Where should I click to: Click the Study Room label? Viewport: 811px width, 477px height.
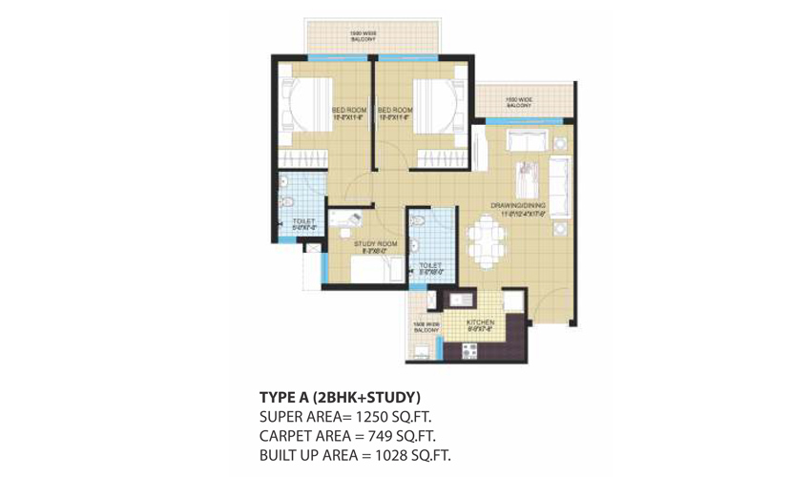pos(375,245)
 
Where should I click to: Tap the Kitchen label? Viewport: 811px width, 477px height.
pos(479,323)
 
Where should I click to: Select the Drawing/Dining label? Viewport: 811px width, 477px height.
pos(518,205)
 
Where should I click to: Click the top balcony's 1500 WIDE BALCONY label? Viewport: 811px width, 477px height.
pos(364,37)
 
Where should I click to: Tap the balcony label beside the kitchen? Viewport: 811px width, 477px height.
pos(426,326)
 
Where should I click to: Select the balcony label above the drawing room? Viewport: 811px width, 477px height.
pos(518,101)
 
